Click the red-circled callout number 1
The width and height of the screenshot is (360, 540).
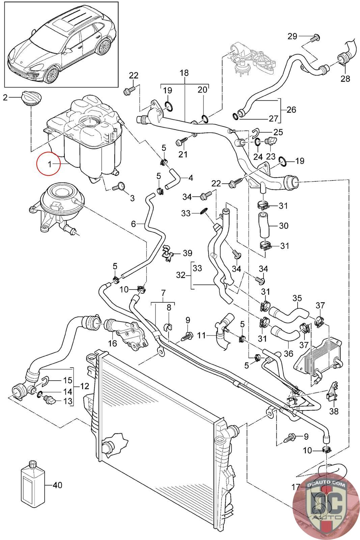click(49, 164)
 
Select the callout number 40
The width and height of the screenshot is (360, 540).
click(58, 485)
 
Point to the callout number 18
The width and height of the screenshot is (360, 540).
click(184, 73)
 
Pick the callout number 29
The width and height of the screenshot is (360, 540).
click(292, 36)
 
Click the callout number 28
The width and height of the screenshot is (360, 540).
click(345, 79)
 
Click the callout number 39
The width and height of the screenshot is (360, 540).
click(187, 253)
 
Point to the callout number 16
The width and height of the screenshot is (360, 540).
click(112, 343)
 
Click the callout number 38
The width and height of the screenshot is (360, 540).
click(334, 412)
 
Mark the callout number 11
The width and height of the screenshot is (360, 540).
click(201, 335)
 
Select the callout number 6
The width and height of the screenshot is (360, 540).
click(133, 223)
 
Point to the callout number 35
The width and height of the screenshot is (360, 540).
click(297, 298)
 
